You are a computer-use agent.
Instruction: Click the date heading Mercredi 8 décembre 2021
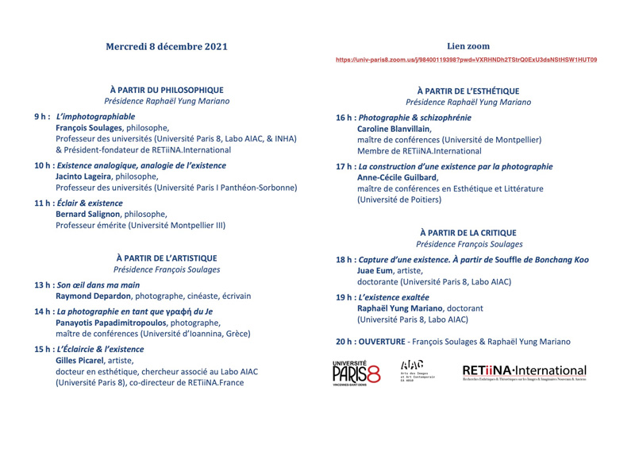click(x=167, y=46)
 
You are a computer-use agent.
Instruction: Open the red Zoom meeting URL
click(x=466, y=60)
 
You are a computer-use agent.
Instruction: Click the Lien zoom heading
click(x=468, y=46)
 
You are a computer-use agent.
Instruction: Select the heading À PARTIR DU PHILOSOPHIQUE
click(x=167, y=91)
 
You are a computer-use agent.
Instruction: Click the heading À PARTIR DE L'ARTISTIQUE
click(x=167, y=257)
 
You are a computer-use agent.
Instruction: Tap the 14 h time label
click(x=44, y=312)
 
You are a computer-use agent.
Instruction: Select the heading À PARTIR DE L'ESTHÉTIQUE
click(x=468, y=91)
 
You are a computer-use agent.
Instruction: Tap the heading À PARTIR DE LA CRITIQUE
click(x=468, y=232)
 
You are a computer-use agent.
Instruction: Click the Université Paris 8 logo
click(x=356, y=371)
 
